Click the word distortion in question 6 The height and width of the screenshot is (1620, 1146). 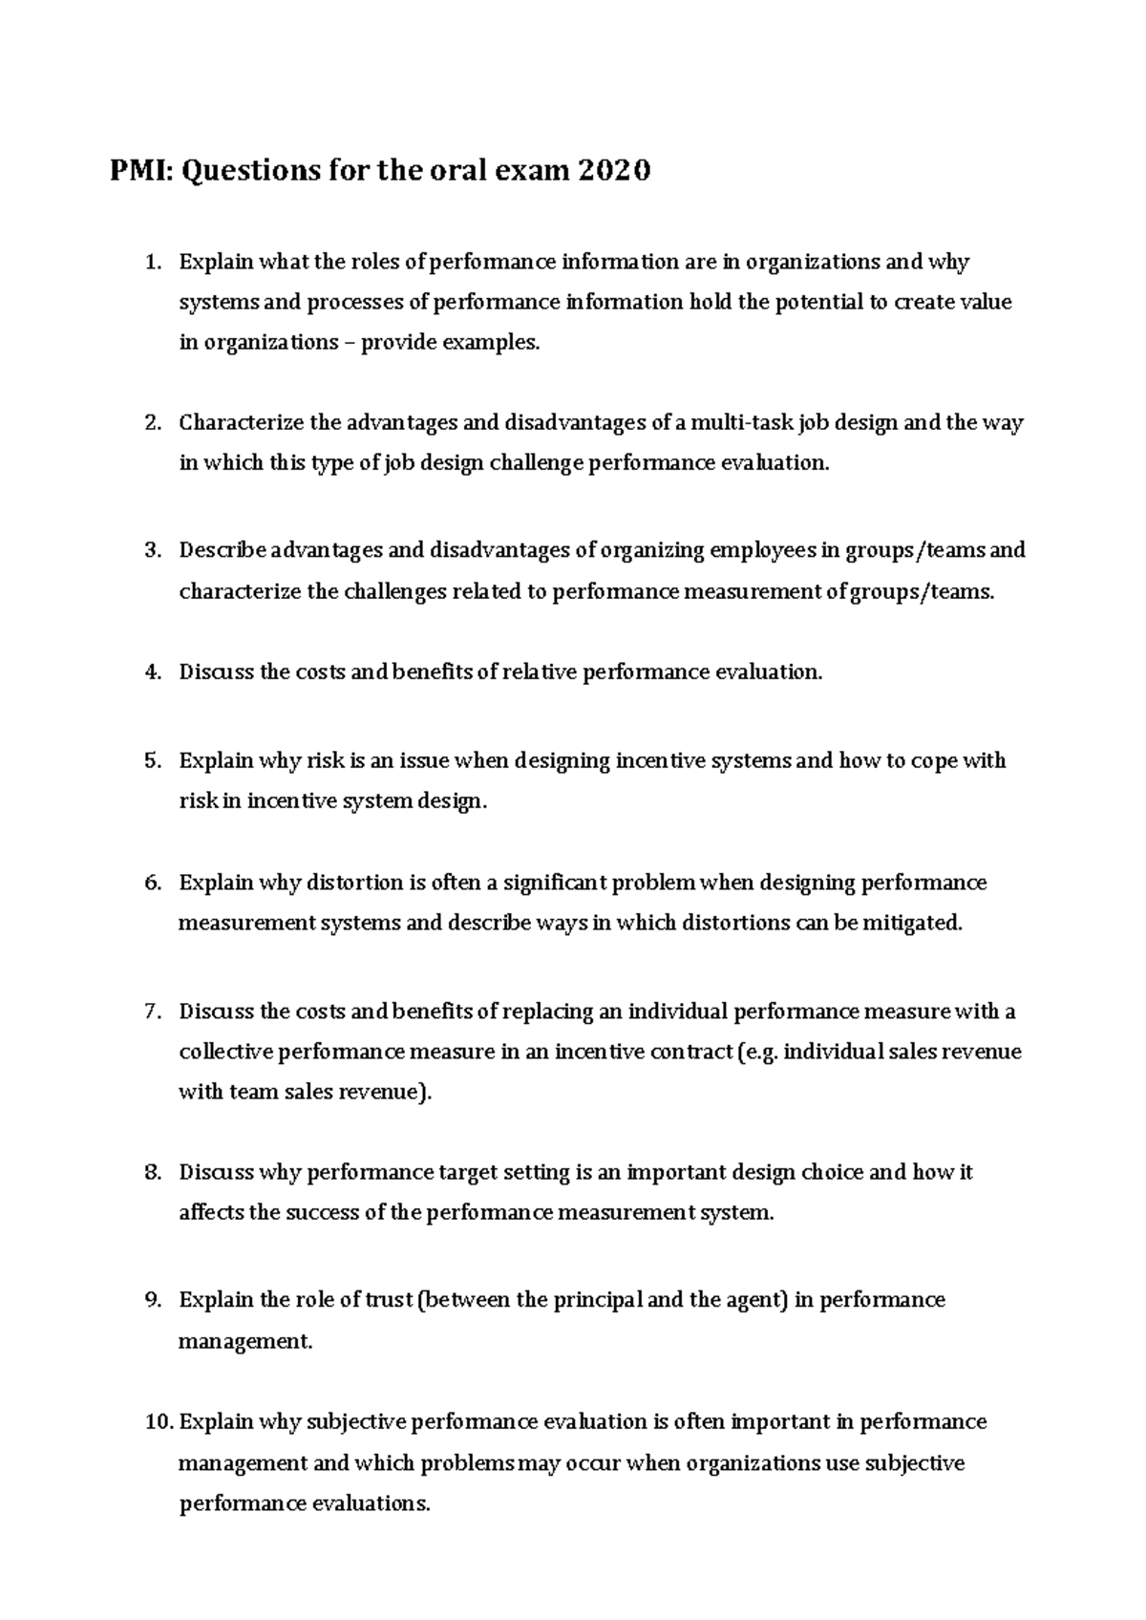coord(354,883)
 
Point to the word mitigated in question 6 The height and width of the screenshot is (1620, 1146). coord(912,924)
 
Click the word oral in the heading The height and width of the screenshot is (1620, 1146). coord(454,172)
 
